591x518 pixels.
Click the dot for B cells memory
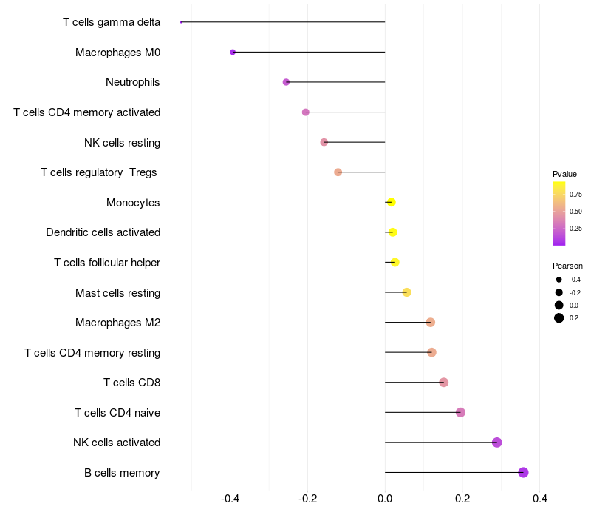click(523, 472)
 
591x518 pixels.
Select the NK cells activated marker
click(497, 443)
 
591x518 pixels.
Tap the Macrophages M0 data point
click(233, 52)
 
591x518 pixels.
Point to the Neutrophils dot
click(287, 82)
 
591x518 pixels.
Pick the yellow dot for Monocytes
click(392, 202)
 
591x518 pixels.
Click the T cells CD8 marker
click(444, 382)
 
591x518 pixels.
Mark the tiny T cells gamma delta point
click(181, 22)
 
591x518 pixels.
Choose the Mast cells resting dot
click(406, 292)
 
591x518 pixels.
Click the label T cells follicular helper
click(107, 263)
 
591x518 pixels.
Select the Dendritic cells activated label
click(103, 232)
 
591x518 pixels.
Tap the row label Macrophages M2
click(118, 323)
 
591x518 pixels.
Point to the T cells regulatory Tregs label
click(99, 172)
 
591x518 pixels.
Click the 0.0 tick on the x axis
click(385, 499)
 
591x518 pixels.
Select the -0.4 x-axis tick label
click(230, 499)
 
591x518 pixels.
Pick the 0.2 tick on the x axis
click(462, 499)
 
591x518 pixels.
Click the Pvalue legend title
click(564, 174)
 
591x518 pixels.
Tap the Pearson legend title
click(567, 266)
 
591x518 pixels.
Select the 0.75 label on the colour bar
click(575, 195)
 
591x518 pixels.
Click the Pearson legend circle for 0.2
click(559, 318)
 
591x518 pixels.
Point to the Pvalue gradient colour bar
click(559, 213)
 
